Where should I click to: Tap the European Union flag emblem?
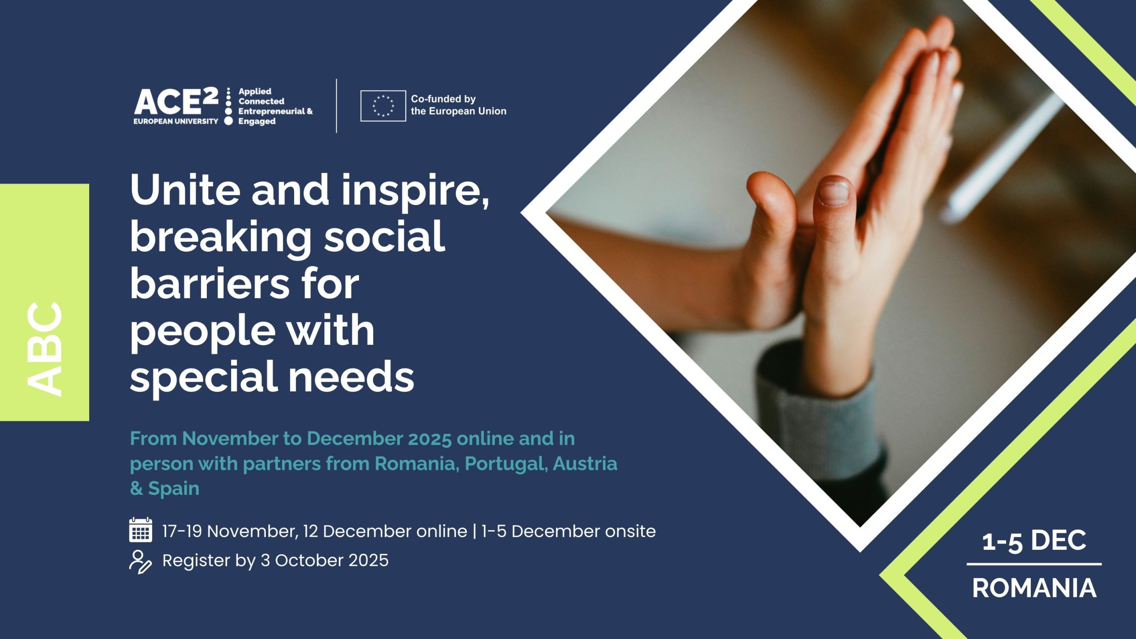tap(383, 106)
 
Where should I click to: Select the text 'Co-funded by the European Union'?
tap(458, 105)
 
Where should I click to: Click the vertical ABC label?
tap(44, 348)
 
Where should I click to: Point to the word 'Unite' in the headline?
tap(185, 189)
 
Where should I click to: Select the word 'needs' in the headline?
tap(352, 377)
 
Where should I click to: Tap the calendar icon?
tap(141, 530)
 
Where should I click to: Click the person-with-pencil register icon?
tap(140, 562)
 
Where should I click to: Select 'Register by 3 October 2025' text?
tap(276, 560)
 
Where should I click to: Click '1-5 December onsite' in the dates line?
tap(568, 531)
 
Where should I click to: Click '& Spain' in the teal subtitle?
tap(165, 489)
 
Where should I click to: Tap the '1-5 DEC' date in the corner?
tap(1034, 541)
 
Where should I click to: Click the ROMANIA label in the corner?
tap(1034, 588)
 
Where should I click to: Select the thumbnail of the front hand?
tap(834, 191)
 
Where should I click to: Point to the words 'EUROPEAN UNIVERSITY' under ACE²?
tap(176, 121)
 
